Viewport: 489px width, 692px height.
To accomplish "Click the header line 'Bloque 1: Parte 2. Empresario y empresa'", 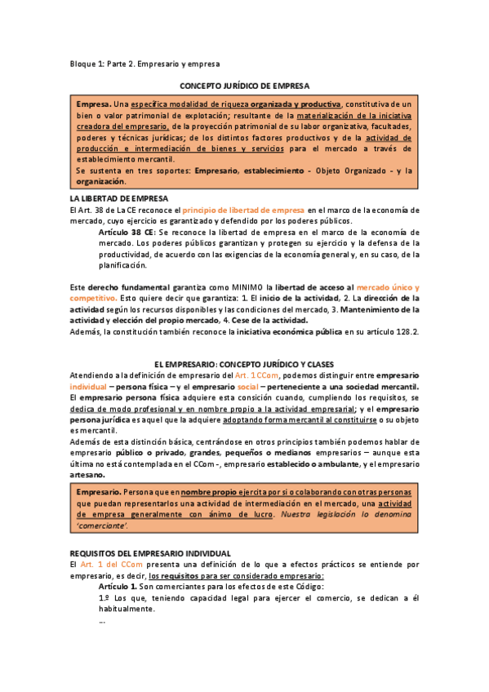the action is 144,64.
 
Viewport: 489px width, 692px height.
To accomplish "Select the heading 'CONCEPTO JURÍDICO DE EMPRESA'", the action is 244,85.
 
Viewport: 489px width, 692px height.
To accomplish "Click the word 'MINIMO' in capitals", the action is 247,287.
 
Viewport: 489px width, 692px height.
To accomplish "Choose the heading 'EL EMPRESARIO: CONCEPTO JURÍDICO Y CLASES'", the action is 244,364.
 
